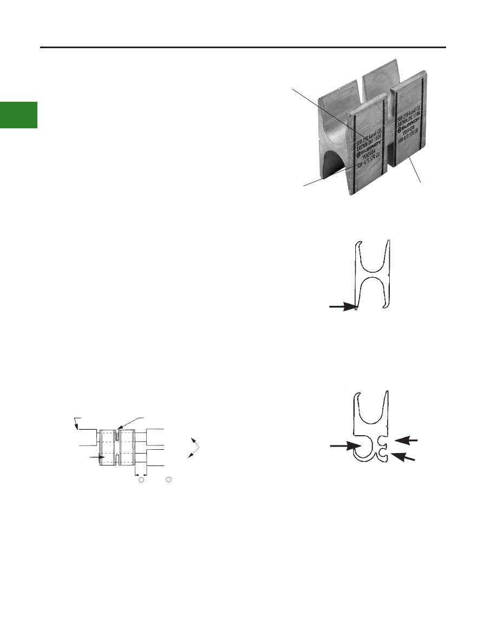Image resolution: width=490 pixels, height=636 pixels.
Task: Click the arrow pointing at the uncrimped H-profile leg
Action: (x=342, y=307)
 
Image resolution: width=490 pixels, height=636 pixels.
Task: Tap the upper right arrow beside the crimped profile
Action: (x=409, y=441)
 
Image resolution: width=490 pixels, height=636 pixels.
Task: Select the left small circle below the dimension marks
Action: (x=141, y=480)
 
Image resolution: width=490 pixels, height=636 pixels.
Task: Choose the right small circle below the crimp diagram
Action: (x=169, y=480)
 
